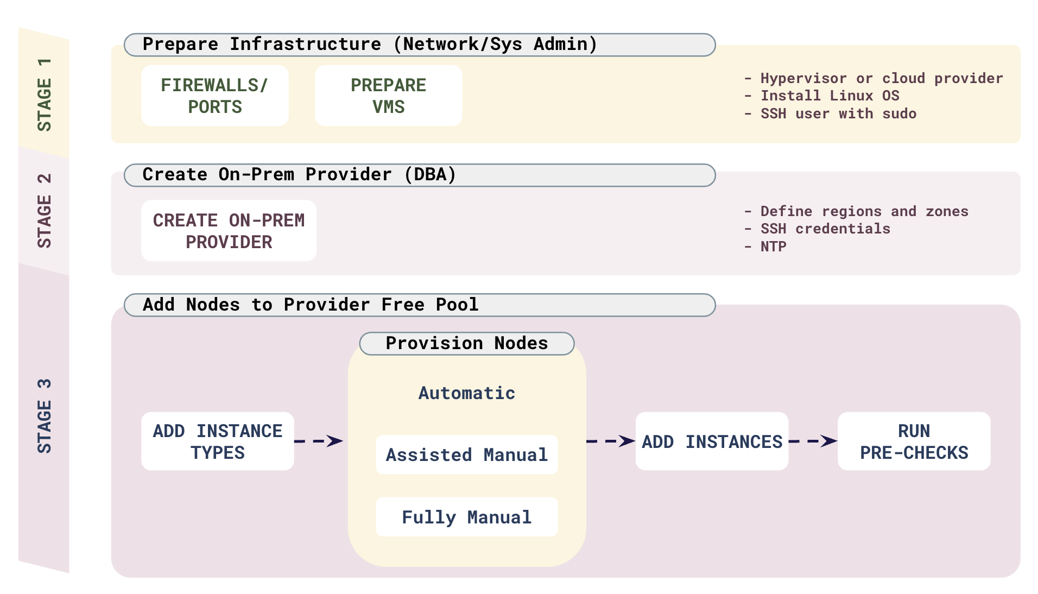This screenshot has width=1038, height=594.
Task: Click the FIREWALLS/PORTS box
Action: (214, 96)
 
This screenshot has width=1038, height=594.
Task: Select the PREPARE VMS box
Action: (388, 96)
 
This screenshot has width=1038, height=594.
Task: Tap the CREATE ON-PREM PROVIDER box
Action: (229, 231)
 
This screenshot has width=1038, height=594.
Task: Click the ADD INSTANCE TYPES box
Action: (217, 441)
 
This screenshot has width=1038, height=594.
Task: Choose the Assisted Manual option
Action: (466, 455)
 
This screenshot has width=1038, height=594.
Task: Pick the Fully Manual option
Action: (466, 517)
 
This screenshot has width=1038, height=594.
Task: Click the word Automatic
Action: (466, 393)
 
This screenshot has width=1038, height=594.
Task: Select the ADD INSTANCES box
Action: (711, 441)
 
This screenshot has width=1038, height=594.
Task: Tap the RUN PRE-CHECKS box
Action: (914, 441)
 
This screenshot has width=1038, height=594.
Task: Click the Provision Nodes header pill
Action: (466, 344)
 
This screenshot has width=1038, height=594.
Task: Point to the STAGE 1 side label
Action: (44, 95)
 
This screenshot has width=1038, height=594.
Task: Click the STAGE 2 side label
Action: (44, 211)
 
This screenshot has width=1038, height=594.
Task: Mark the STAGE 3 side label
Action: (44, 416)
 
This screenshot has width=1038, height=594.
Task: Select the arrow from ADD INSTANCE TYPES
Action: (319, 441)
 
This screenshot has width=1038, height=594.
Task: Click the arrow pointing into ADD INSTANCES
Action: (611, 441)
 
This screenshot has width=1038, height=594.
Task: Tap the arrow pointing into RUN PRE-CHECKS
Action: (813, 441)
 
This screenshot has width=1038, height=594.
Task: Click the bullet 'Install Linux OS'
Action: (829, 96)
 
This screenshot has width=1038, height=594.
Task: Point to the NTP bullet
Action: (773, 247)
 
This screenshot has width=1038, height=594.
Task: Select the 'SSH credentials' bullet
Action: (825, 229)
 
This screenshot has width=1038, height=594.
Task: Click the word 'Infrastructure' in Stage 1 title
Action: (305, 45)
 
